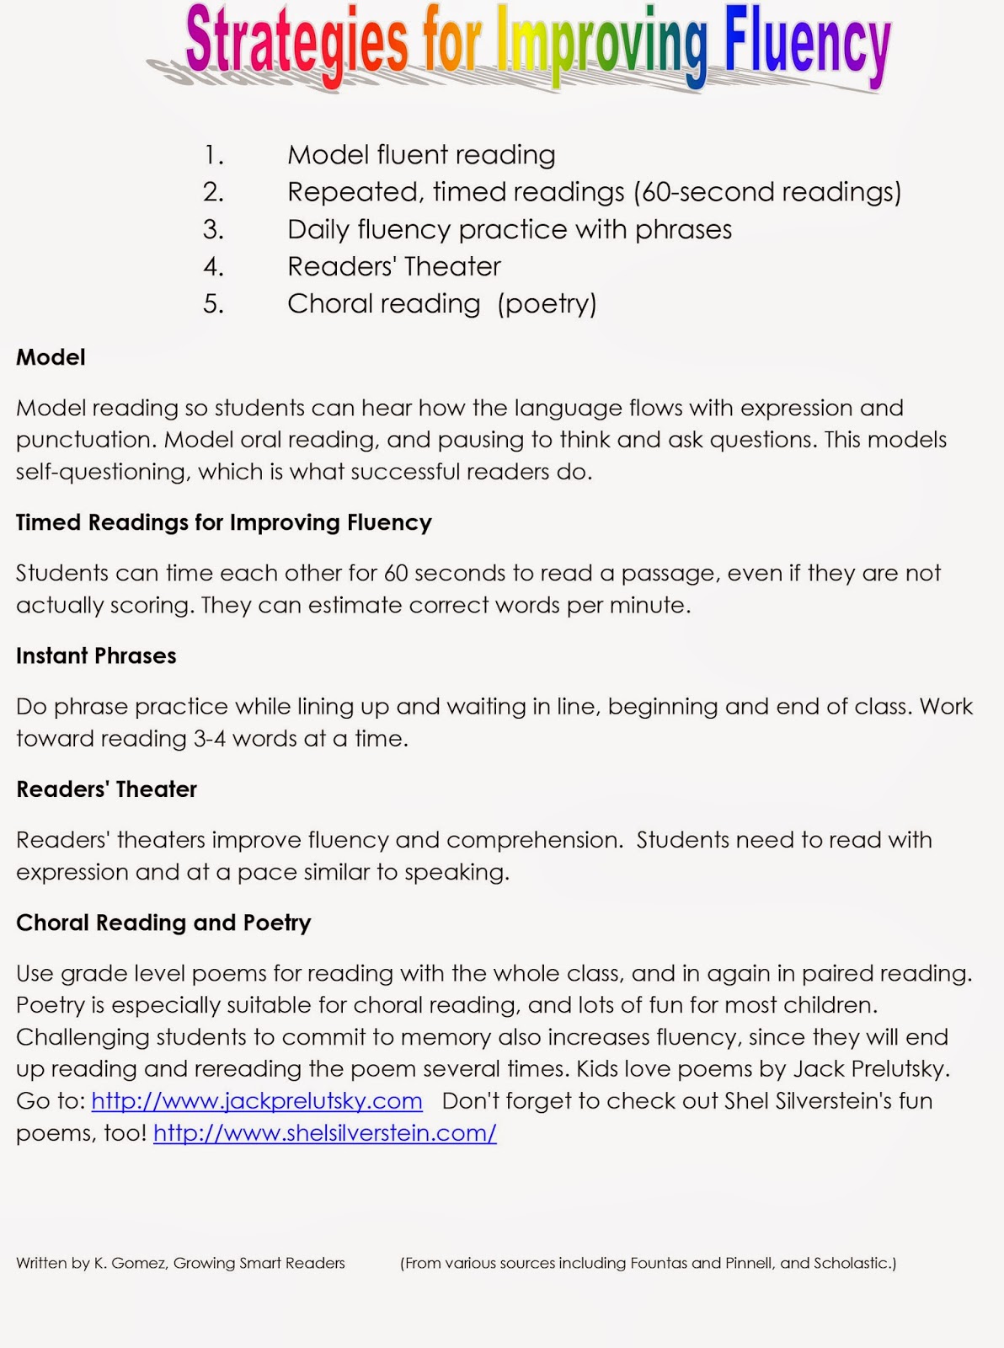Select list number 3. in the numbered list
point(213,229)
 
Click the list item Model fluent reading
point(421,155)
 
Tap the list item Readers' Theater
point(393,266)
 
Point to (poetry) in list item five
point(547,303)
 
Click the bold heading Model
point(51,357)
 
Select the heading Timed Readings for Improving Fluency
point(223,522)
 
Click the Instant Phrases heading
point(96,655)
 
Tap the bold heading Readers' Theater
point(106,789)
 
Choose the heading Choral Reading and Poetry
point(163,923)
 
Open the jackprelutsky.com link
point(257,1101)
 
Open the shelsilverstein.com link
point(325,1133)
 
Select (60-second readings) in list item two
point(767,192)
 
